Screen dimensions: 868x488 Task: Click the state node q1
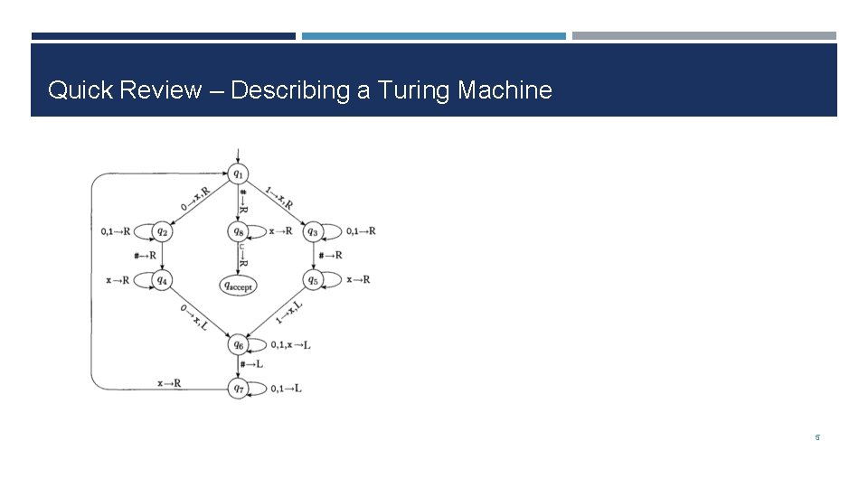coord(238,173)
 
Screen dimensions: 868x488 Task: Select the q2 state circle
coord(163,231)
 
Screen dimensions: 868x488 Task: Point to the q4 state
coord(163,280)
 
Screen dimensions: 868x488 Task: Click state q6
coord(238,344)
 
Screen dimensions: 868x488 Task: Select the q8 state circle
coord(238,231)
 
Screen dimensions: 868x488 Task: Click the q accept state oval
coord(238,286)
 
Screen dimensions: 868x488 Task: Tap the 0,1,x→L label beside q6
coord(290,344)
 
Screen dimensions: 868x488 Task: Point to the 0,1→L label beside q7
coord(286,388)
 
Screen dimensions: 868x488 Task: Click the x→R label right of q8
coord(281,231)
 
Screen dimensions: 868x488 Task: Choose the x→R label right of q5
coord(359,279)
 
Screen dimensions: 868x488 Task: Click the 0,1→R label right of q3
coord(361,231)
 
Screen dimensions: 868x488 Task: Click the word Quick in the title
coord(77,90)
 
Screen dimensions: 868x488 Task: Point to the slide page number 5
coord(817,438)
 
